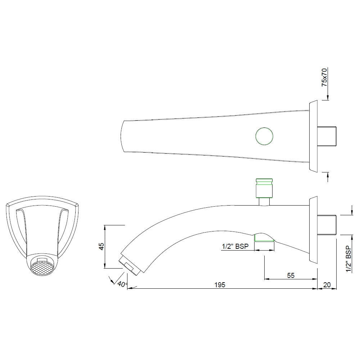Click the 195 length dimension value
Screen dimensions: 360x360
[220, 284]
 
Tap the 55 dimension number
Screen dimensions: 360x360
[291, 275]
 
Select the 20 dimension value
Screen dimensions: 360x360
[327, 284]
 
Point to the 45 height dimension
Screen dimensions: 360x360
[102, 246]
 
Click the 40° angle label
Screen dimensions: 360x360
[122, 284]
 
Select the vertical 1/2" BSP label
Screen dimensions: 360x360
[348, 259]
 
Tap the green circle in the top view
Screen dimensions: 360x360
[264, 136]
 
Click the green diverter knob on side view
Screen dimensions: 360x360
[264, 188]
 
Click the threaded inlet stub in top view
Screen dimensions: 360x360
[327, 136]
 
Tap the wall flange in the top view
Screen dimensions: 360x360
[313, 136]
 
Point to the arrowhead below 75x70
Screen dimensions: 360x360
[327, 97]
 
